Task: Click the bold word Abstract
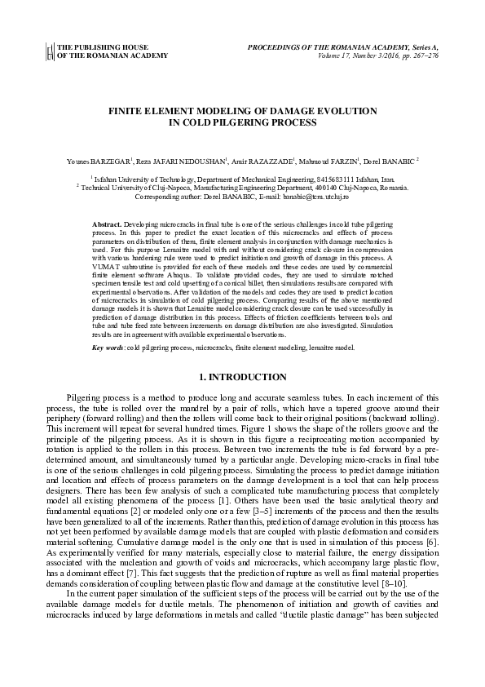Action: (106, 222)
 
